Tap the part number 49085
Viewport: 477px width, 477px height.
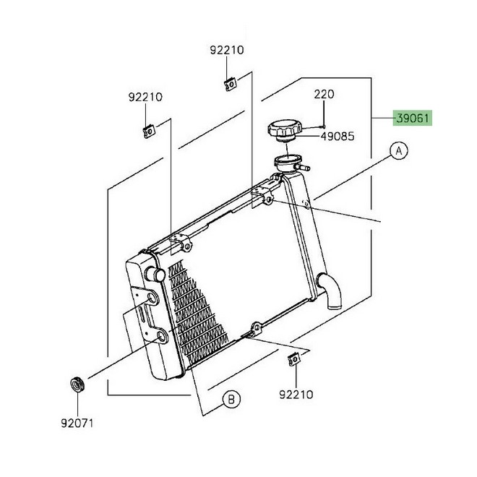[x=338, y=135]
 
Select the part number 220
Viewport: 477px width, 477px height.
[x=325, y=95]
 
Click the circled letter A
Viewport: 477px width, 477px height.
[x=400, y=151]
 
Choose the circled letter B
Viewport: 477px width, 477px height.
[x=231, y=398]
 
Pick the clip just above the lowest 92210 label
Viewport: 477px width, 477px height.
[x=295, y=360]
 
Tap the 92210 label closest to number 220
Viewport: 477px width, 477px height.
[x=227, y=51]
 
